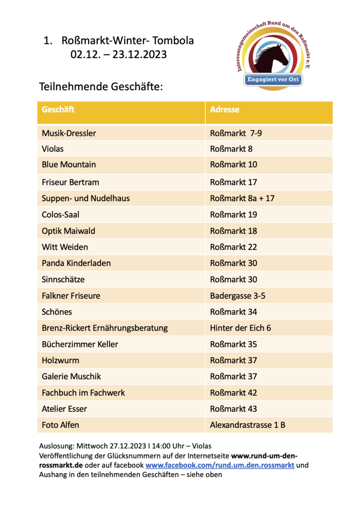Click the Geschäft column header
click(58, 110)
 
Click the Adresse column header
click(224, 110)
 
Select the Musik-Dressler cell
click(69, 133)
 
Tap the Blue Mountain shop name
click(69, 165)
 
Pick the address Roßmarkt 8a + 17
click(242, 198)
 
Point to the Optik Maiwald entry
click(68, 231)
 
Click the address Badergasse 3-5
click(237, 296)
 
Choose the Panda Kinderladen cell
click(76, 263)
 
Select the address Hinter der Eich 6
click(240, 328)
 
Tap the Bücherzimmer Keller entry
click(80, 344)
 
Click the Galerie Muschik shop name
click(71, 377)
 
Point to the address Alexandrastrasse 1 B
click(247, 425)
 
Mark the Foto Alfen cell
click(61, 425)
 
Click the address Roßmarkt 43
click(234, 409)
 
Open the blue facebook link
click(220, 465)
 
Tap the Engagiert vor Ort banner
click(274, 80)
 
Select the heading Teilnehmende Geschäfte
click(101, 86)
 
